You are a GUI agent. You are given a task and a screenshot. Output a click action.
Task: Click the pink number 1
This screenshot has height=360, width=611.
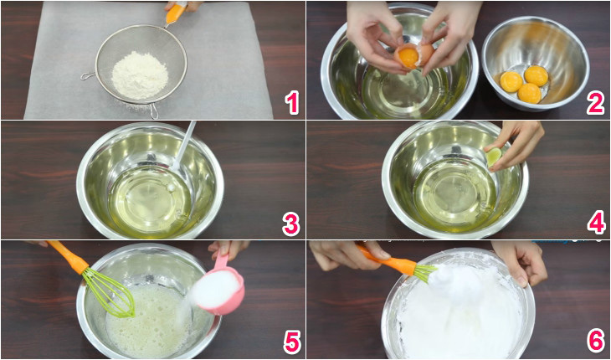290,102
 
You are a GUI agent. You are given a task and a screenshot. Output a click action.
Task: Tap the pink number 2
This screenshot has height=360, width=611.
595,102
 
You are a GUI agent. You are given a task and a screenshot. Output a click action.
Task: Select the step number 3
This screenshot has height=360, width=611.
290,224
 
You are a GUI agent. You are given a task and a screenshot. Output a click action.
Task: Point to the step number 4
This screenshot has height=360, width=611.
595,224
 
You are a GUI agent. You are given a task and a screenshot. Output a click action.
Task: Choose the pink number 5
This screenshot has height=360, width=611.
290,342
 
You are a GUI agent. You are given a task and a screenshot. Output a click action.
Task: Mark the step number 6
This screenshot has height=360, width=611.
595,342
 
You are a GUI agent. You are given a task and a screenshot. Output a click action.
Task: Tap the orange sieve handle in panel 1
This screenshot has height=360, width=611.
176,13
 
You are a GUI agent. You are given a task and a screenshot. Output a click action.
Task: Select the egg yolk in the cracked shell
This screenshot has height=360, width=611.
408,57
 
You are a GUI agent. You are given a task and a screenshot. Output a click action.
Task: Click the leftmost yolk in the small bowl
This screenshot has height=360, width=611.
511,81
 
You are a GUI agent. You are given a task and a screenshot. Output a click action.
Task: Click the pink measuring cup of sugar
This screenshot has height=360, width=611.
220,289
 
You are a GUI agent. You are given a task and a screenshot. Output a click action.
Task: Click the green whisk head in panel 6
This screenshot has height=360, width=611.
424,271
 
